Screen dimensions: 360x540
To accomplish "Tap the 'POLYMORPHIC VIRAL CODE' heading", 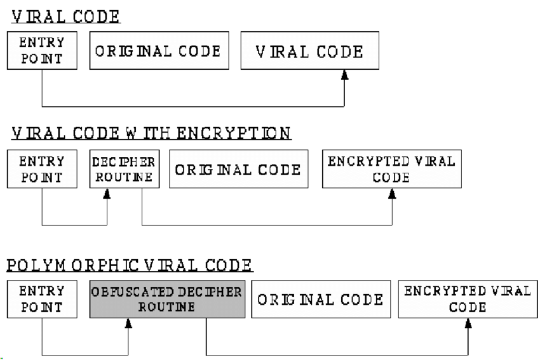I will [130, 264].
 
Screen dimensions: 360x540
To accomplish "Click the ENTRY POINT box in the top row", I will [42, 50].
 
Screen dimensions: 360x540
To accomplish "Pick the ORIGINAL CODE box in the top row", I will [158, 51].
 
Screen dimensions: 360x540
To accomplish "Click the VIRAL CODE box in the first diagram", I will [309, 51].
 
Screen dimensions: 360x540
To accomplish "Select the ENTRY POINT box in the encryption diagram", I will [42, 169].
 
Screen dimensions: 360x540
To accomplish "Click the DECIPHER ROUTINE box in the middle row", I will [125, 169].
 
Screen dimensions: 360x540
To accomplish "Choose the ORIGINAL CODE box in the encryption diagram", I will [238, 170].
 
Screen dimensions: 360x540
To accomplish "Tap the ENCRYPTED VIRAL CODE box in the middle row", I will [391, 169].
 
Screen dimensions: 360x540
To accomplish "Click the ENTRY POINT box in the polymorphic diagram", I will [42, 298].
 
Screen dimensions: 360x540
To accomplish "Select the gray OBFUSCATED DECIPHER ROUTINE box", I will [167, 298].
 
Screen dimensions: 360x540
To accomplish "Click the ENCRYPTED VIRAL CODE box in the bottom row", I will [467, 298].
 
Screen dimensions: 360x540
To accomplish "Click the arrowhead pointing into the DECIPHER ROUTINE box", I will [107, 193].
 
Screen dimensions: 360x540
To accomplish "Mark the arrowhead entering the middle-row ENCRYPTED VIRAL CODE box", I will [392, 193].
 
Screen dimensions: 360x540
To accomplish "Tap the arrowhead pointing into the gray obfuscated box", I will [128, 323].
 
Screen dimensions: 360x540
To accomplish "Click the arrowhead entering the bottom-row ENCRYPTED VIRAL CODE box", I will [468, 323].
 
